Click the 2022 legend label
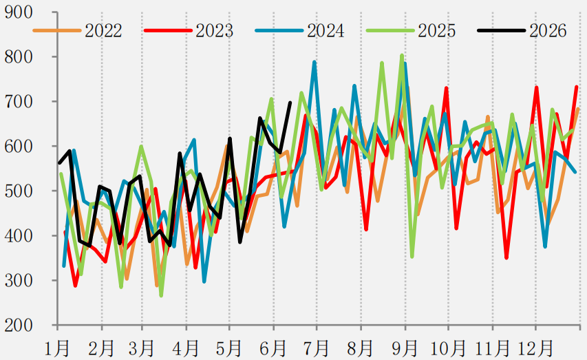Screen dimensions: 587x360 tap(103, 30)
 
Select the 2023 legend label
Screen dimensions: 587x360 tap(214, 30)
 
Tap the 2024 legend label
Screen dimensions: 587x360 tap(325, 30)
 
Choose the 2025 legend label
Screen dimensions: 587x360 tap(436, 30)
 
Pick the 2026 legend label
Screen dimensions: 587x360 tap(548, 30)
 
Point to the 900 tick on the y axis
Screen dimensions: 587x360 tap(19, 12)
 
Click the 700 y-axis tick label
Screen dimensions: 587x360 tap(19, 101)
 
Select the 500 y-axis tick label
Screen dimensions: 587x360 tap(19, 191)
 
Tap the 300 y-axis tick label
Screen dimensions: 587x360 tap(19, 280)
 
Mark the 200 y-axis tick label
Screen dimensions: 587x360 tap(19, 325)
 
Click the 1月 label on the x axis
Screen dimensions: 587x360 tap(57, 348)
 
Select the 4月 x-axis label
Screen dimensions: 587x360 tap(186, 348)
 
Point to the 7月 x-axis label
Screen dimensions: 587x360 tap(317, 348)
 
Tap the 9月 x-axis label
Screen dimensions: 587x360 tap(405, 348)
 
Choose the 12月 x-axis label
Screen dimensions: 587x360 tap(535, 348)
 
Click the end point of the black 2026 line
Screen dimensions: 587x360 tap(290, 103)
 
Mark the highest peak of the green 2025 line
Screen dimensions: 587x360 tap(402, 56)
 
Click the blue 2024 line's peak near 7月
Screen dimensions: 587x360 tap(315, 62)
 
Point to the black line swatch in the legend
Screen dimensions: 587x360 tap(501, 30)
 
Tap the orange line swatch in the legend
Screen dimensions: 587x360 tap(57, 30)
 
